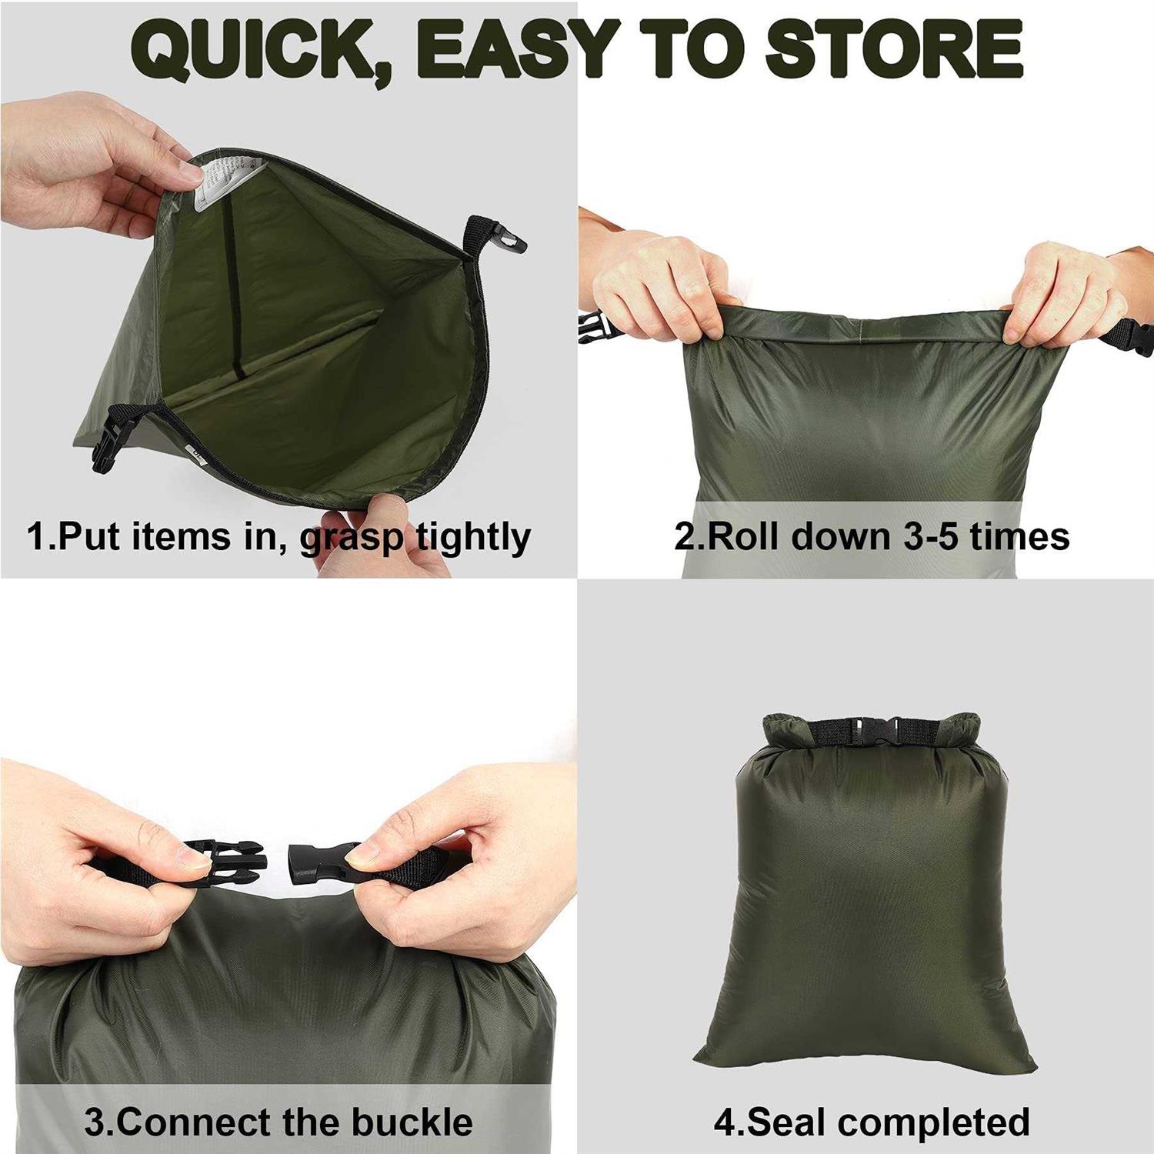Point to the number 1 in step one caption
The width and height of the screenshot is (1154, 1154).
coord(36,536)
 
